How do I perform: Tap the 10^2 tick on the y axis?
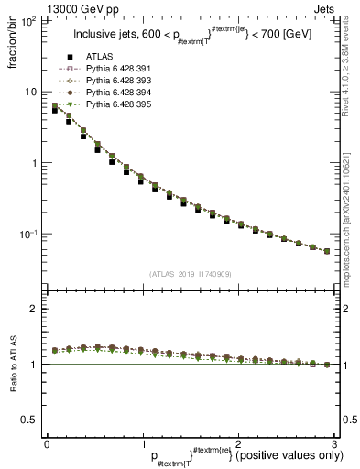(29, 20)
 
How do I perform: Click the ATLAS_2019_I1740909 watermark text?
(189, 273)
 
